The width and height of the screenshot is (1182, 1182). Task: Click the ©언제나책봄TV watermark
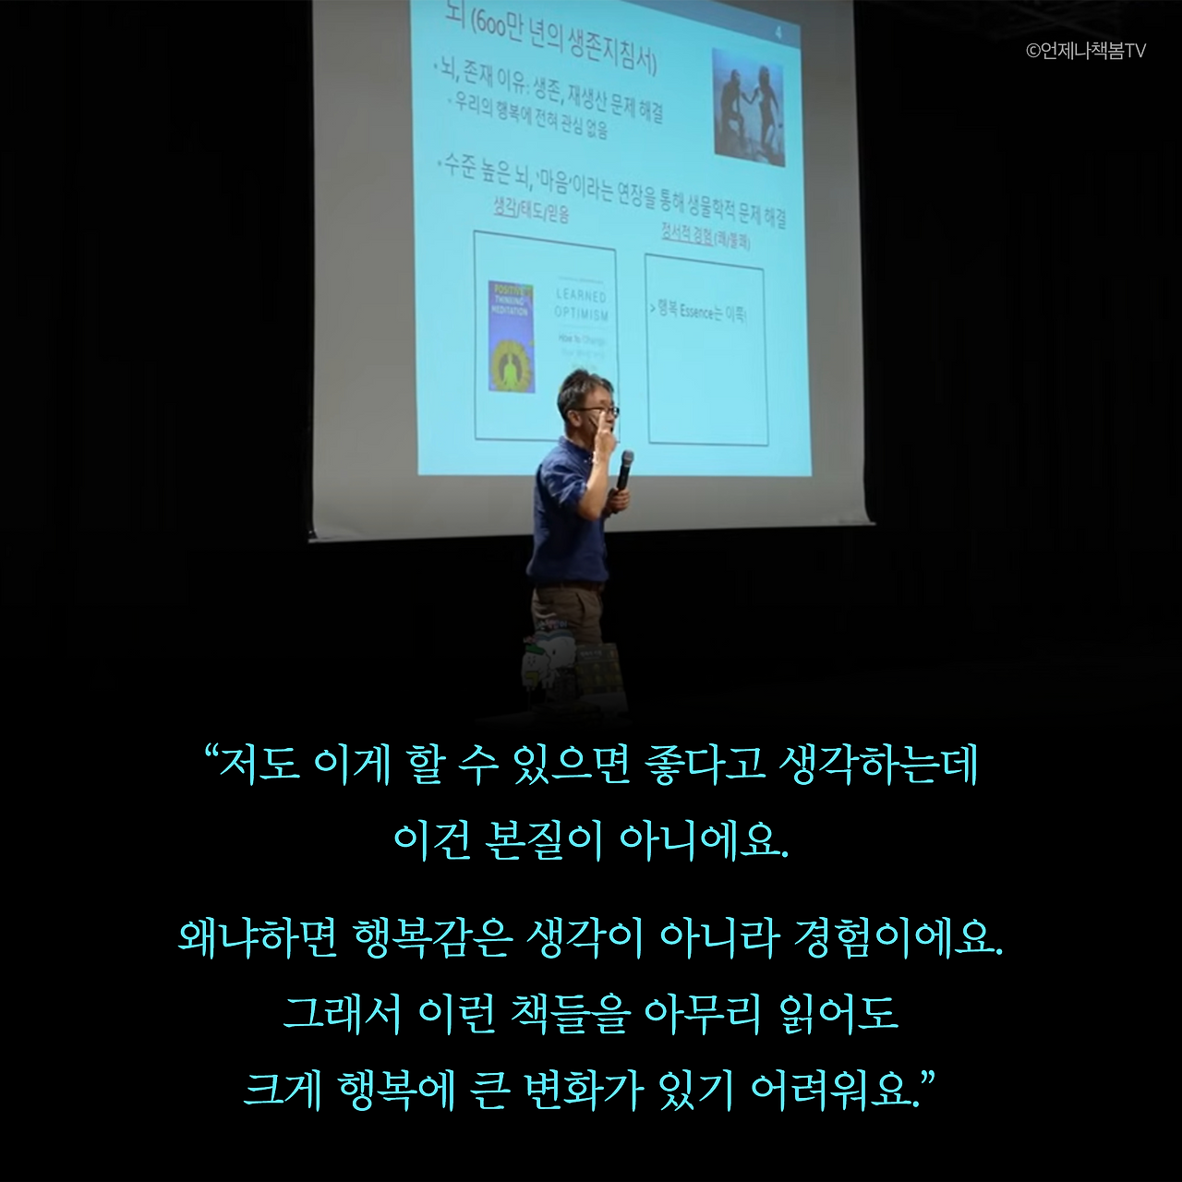click(x=1086, y=52)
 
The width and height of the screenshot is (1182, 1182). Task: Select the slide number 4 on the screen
click(x=780, y=34)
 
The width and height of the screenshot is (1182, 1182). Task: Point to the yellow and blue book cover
click(x=512, y=337)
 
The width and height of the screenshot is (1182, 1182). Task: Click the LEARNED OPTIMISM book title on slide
click(x=581, y=306)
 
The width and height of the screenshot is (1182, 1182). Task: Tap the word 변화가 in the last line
click(x=582, y=1091)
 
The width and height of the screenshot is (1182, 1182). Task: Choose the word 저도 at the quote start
click(x=257, y=766)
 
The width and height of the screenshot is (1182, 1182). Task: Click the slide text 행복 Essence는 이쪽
click(x=699, y=312)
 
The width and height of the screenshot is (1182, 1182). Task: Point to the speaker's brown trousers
click(x=563, y=614)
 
